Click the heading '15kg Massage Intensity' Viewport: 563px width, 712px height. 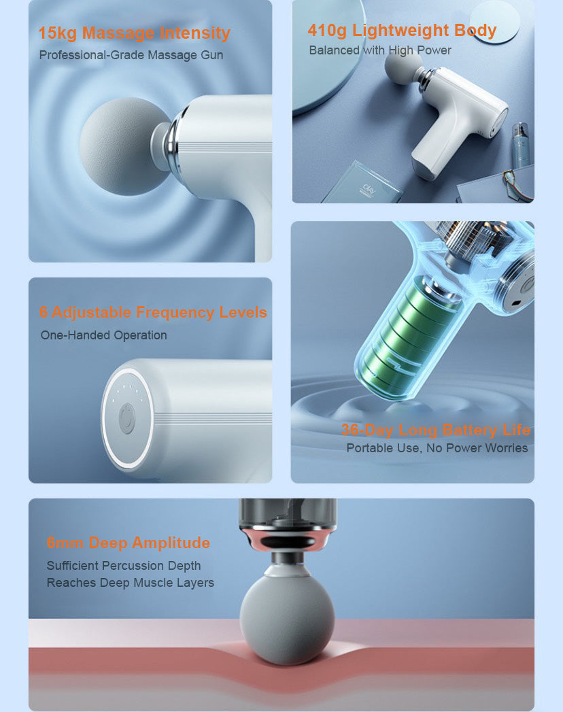click(135, 33)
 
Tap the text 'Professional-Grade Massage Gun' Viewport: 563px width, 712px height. click(131, 55)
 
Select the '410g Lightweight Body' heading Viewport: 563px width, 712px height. click(402, 31)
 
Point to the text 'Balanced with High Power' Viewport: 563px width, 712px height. click(380, 50)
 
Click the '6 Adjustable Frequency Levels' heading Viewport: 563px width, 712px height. click(153, 312)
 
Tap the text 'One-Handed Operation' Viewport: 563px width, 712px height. click(104, 335)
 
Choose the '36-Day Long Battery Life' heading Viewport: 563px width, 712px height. click(435, 430)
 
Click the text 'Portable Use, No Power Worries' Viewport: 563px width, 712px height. click(437, 448)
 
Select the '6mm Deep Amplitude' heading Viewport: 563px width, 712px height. click(129, 543)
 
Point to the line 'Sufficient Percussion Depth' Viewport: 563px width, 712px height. click(124, 566)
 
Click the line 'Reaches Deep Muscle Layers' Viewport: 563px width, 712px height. click(131, 583)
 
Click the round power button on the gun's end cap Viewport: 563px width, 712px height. click(126, 418)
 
